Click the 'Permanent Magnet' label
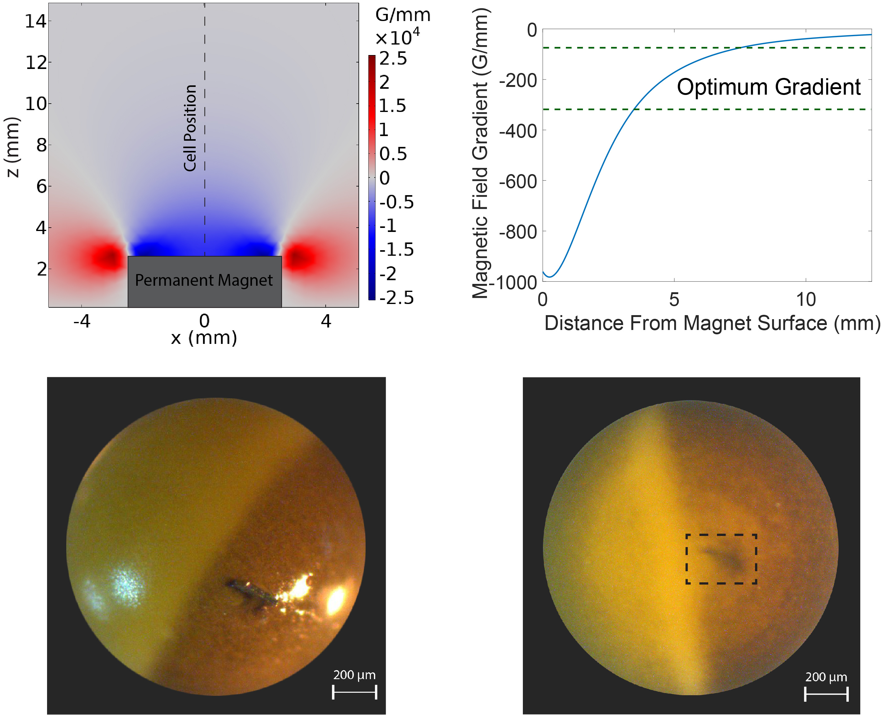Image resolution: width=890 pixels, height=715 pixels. [x=204, y=280]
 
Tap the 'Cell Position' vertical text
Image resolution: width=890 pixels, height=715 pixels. [x=190, y=128]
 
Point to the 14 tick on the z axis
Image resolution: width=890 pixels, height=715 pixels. [x=36, y=21]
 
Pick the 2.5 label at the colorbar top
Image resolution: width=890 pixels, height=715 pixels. [x=393, y=58]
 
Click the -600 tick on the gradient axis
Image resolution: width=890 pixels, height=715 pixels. [x=518, y=182]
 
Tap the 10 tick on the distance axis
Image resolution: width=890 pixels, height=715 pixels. [x=806, y=300]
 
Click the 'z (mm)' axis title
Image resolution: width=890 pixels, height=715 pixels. [x=12, y=147]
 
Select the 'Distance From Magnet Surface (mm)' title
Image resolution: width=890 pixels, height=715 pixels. [x=712, y=323]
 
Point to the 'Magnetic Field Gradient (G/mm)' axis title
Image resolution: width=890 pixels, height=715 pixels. [x=480, y=152]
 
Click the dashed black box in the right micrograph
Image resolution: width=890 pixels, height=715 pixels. [x=721, y=559]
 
